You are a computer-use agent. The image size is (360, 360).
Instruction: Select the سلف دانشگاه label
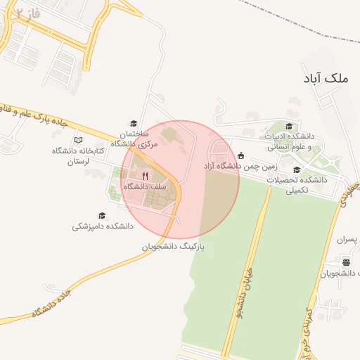pyautogui.click(x=143, y=187)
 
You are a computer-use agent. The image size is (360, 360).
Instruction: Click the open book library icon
pyautogui.click(x=78, y=140)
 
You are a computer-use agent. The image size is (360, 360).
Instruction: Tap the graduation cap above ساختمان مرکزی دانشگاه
pyautogui.click(x=134, y=123)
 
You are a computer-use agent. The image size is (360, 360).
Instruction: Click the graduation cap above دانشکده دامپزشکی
pyautogui.click(x=102, y=216)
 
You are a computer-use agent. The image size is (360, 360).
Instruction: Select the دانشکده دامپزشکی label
pyautogui.click(x=103, y=227)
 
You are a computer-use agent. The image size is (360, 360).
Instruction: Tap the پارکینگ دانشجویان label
pyautogui.click(x=172, y=247)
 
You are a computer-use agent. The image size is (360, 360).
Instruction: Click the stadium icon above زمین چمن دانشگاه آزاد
pyautogui.click(x=241, y=155)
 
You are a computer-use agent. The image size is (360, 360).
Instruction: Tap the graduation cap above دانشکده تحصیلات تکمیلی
pyautogui.click(x=296, y=169)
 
